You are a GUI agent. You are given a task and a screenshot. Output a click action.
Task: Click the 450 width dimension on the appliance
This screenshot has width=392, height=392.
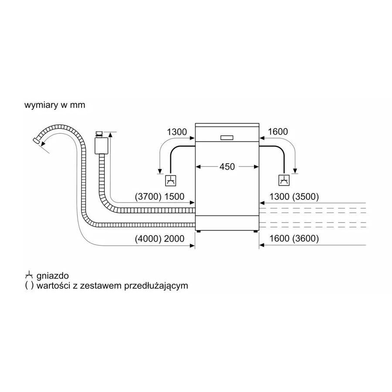[227, 167]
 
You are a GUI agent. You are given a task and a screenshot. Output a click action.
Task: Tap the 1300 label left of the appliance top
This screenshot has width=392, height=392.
[177, 132]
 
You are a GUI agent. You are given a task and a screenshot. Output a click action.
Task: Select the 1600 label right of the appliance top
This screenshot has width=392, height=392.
[278, 132]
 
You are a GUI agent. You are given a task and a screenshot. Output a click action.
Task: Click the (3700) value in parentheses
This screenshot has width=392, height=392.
[148, 197]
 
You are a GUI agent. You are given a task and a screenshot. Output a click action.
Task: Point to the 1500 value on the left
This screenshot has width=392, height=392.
[174, 197]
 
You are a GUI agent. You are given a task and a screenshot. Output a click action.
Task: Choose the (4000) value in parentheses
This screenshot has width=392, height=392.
[148, 239]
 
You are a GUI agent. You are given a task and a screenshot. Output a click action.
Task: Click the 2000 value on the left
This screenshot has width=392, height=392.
[174, 239]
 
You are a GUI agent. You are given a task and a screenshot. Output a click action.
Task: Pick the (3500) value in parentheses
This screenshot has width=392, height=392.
[305, 197]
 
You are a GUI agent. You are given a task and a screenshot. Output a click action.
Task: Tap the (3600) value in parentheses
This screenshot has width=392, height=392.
[305, 239]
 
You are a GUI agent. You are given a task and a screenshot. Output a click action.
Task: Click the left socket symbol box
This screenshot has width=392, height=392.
[170, 180]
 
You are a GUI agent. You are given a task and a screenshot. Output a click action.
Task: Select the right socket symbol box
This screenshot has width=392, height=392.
[284, 180]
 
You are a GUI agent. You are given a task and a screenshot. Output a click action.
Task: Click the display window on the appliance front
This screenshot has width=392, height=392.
[227, 138]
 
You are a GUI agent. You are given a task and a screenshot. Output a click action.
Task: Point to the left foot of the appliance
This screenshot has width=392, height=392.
[199, 232]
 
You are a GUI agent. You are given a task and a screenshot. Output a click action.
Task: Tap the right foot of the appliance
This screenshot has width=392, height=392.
[255, 232]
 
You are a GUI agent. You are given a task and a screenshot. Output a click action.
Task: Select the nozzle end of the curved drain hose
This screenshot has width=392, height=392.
[37, 141]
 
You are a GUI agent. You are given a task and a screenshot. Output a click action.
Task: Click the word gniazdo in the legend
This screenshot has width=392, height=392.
[53, 276]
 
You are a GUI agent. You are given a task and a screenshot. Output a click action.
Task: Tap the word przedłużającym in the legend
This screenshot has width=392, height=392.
[156, 286]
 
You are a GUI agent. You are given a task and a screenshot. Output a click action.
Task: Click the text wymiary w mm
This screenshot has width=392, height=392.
[55, 105]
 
